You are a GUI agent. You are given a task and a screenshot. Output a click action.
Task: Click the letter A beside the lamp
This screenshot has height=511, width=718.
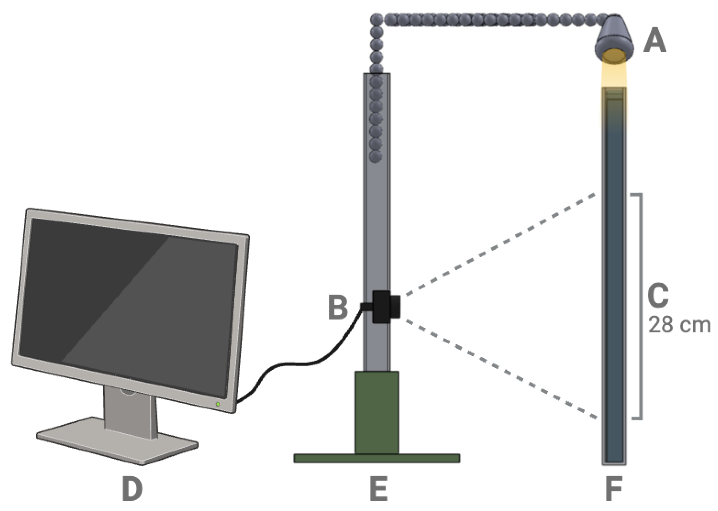point(655,41)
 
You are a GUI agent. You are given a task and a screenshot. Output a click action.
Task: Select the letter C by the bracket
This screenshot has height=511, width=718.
point(658,295)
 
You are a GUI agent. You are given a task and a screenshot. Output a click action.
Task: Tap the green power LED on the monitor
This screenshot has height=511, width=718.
point(218,404)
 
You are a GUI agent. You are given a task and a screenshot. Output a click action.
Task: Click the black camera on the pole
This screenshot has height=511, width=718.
point(386,307)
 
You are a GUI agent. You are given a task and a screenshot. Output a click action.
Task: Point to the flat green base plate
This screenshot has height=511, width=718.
point(377,458)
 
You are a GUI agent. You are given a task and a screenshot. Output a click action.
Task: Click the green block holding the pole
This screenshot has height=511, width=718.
point(377,412)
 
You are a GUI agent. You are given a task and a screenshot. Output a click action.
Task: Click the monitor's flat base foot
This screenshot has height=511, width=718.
point(117,440)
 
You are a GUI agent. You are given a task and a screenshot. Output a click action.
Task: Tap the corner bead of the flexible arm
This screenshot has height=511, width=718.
point(376,20)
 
